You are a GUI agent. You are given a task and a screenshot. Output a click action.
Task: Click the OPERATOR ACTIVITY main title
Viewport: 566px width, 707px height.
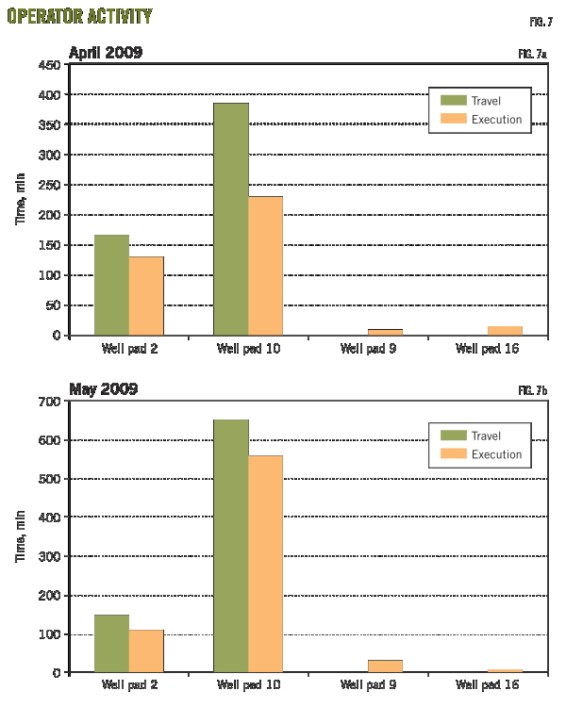pyautogui.click(x=79, y=17)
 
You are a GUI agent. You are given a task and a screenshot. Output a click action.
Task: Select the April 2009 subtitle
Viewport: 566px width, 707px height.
pyautogui.click(x=105, y=53)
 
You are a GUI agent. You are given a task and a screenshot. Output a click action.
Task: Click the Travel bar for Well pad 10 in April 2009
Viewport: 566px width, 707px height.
pyautogui.click(x=231, y=219)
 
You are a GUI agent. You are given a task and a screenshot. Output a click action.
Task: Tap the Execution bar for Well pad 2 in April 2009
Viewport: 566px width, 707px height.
pyautogui.click(x=146, y=296)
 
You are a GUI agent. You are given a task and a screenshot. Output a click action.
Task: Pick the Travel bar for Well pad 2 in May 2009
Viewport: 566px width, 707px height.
pyautogui.click(x=111, y=644)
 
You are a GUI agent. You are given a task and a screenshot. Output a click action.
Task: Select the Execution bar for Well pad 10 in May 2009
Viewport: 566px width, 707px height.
pyautogui.click(x=265, y=564)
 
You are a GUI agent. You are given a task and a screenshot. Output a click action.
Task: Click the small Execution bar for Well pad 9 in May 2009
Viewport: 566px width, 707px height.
pyautogui.click(x=385, y=666)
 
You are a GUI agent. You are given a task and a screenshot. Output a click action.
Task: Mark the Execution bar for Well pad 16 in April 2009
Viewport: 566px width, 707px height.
pyautogui.click(x=505, y=331)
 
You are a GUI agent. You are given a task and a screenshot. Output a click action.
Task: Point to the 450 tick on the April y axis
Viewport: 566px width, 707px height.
pyautogui.click(x=51, y=65)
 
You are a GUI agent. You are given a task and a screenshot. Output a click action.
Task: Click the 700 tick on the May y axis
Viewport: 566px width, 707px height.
pyautogui.click(x=51, y=402)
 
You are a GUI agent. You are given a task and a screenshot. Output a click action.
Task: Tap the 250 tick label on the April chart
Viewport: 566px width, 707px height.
pyautogui.click(x=51, y=185)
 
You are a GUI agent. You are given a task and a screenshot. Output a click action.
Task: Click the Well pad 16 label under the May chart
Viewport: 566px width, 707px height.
pyautogui.click(x=487, y=685)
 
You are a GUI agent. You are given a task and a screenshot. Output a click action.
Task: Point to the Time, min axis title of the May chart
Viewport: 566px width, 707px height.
pyautogui.click(x=20, y=537)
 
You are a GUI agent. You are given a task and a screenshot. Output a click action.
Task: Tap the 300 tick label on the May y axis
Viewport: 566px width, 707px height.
pyautogui.click(x=51, y=556)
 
